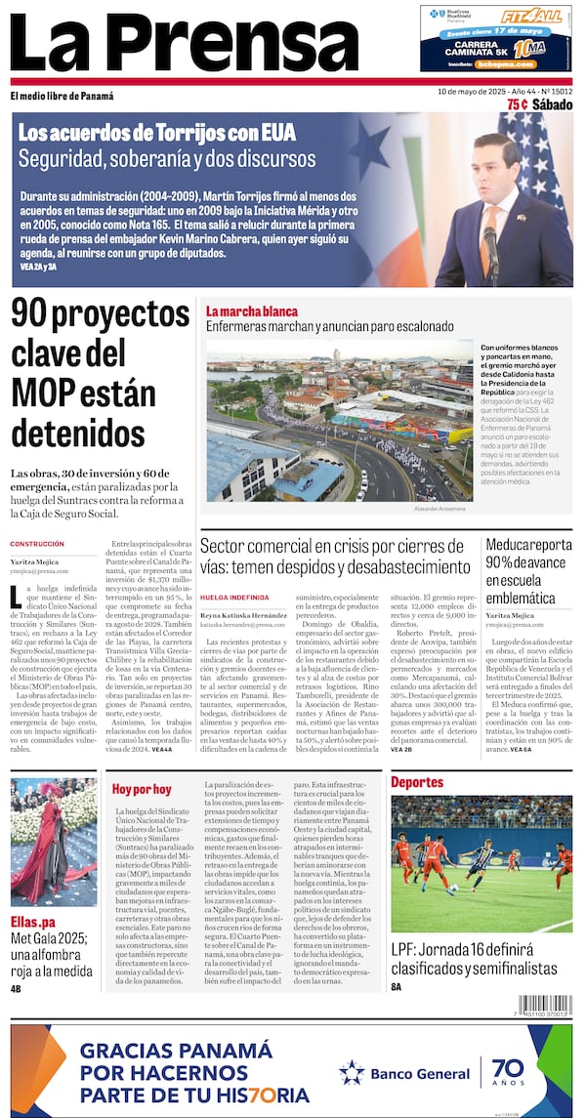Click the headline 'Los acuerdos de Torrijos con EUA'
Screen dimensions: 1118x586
pos(156,132)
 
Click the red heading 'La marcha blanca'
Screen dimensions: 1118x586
pos(251,311)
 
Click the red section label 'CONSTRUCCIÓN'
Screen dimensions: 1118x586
pos(37,544)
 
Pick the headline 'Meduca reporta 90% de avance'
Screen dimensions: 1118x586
pos(528,570)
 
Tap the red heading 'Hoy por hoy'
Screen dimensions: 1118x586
pos(142,788)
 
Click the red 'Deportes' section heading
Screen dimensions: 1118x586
pos(417,782)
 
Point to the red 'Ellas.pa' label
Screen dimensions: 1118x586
pos(33,922)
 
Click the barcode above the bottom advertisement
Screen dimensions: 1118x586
pos(545,1005)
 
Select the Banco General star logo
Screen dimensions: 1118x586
pos(352,1072)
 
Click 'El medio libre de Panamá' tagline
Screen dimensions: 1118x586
pos(62,96)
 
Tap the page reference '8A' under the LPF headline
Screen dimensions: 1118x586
pos(397,987)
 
